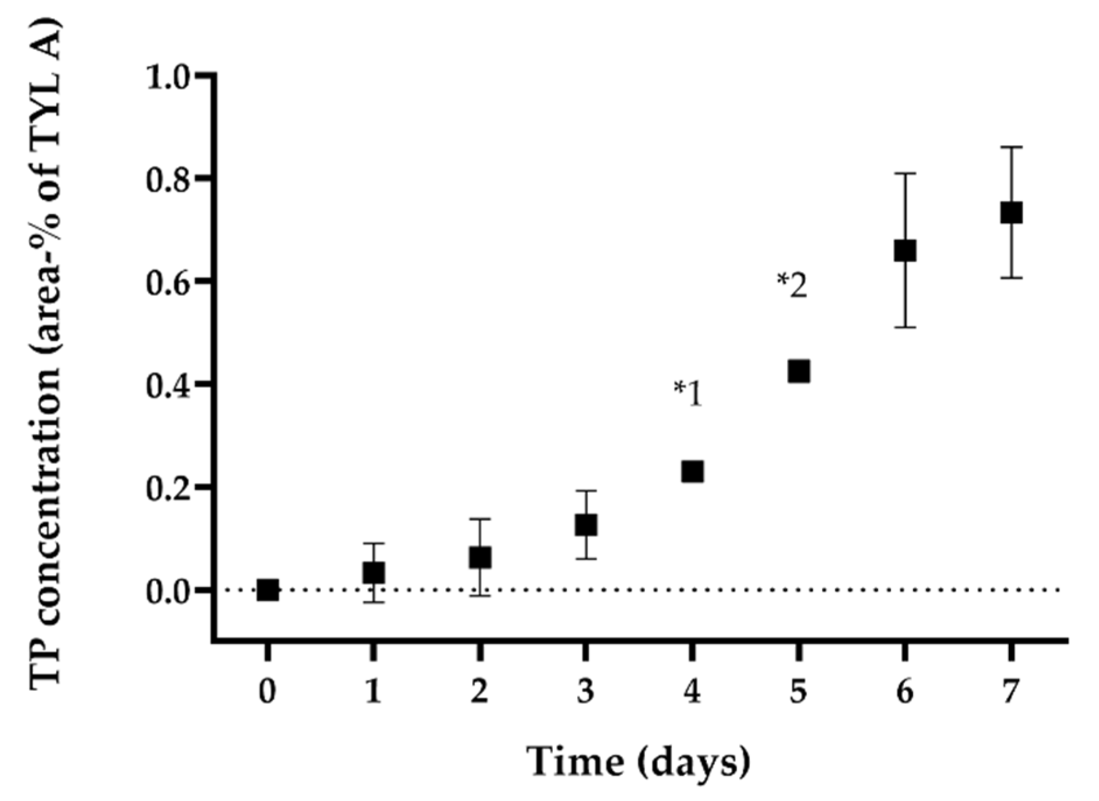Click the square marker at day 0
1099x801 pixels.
point(267,590)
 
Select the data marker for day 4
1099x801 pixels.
point(692,471)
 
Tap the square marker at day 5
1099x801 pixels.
point(798,371)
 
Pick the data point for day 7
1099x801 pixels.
point(1011,213)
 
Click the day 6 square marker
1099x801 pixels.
point(905,251)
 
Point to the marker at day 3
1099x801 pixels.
point(586,525)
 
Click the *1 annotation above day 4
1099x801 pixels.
point(688,394)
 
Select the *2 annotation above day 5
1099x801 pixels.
point(792,286)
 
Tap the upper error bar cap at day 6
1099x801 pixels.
point(905,174)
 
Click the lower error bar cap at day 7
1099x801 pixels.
point(1011,278)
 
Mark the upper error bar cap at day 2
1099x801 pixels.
point(480,518)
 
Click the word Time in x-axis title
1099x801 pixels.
point(575,761)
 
